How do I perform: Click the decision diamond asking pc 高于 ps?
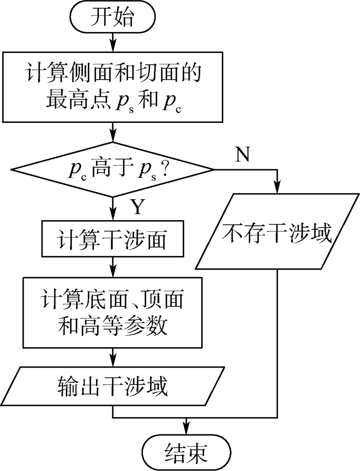click(113, 169)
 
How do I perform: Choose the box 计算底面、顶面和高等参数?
click(113, 312)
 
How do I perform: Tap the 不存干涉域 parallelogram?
click(278, 231)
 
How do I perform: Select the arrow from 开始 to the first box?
click(113, 42)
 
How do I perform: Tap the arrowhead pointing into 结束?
click(186, 430)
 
